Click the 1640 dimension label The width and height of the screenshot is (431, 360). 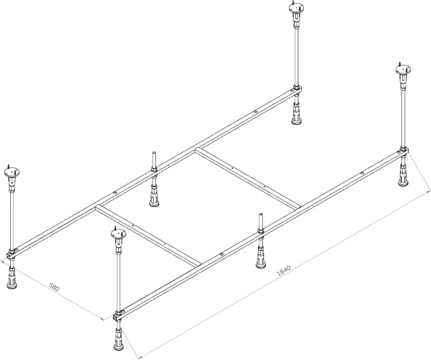[284, 271]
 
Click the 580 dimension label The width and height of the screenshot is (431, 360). [54, 287]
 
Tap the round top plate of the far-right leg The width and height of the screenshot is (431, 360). [403, 69]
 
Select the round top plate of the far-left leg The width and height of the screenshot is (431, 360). [12, 172]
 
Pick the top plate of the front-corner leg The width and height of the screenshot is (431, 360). [118, 233]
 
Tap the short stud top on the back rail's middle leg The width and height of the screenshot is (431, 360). [154, 153]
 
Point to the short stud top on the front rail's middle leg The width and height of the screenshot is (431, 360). [261, 215]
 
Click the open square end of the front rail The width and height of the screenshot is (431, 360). [115, 318]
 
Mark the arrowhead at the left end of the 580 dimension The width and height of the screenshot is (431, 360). [3, 262]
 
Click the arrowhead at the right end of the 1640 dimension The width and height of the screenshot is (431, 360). [428, 190]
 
